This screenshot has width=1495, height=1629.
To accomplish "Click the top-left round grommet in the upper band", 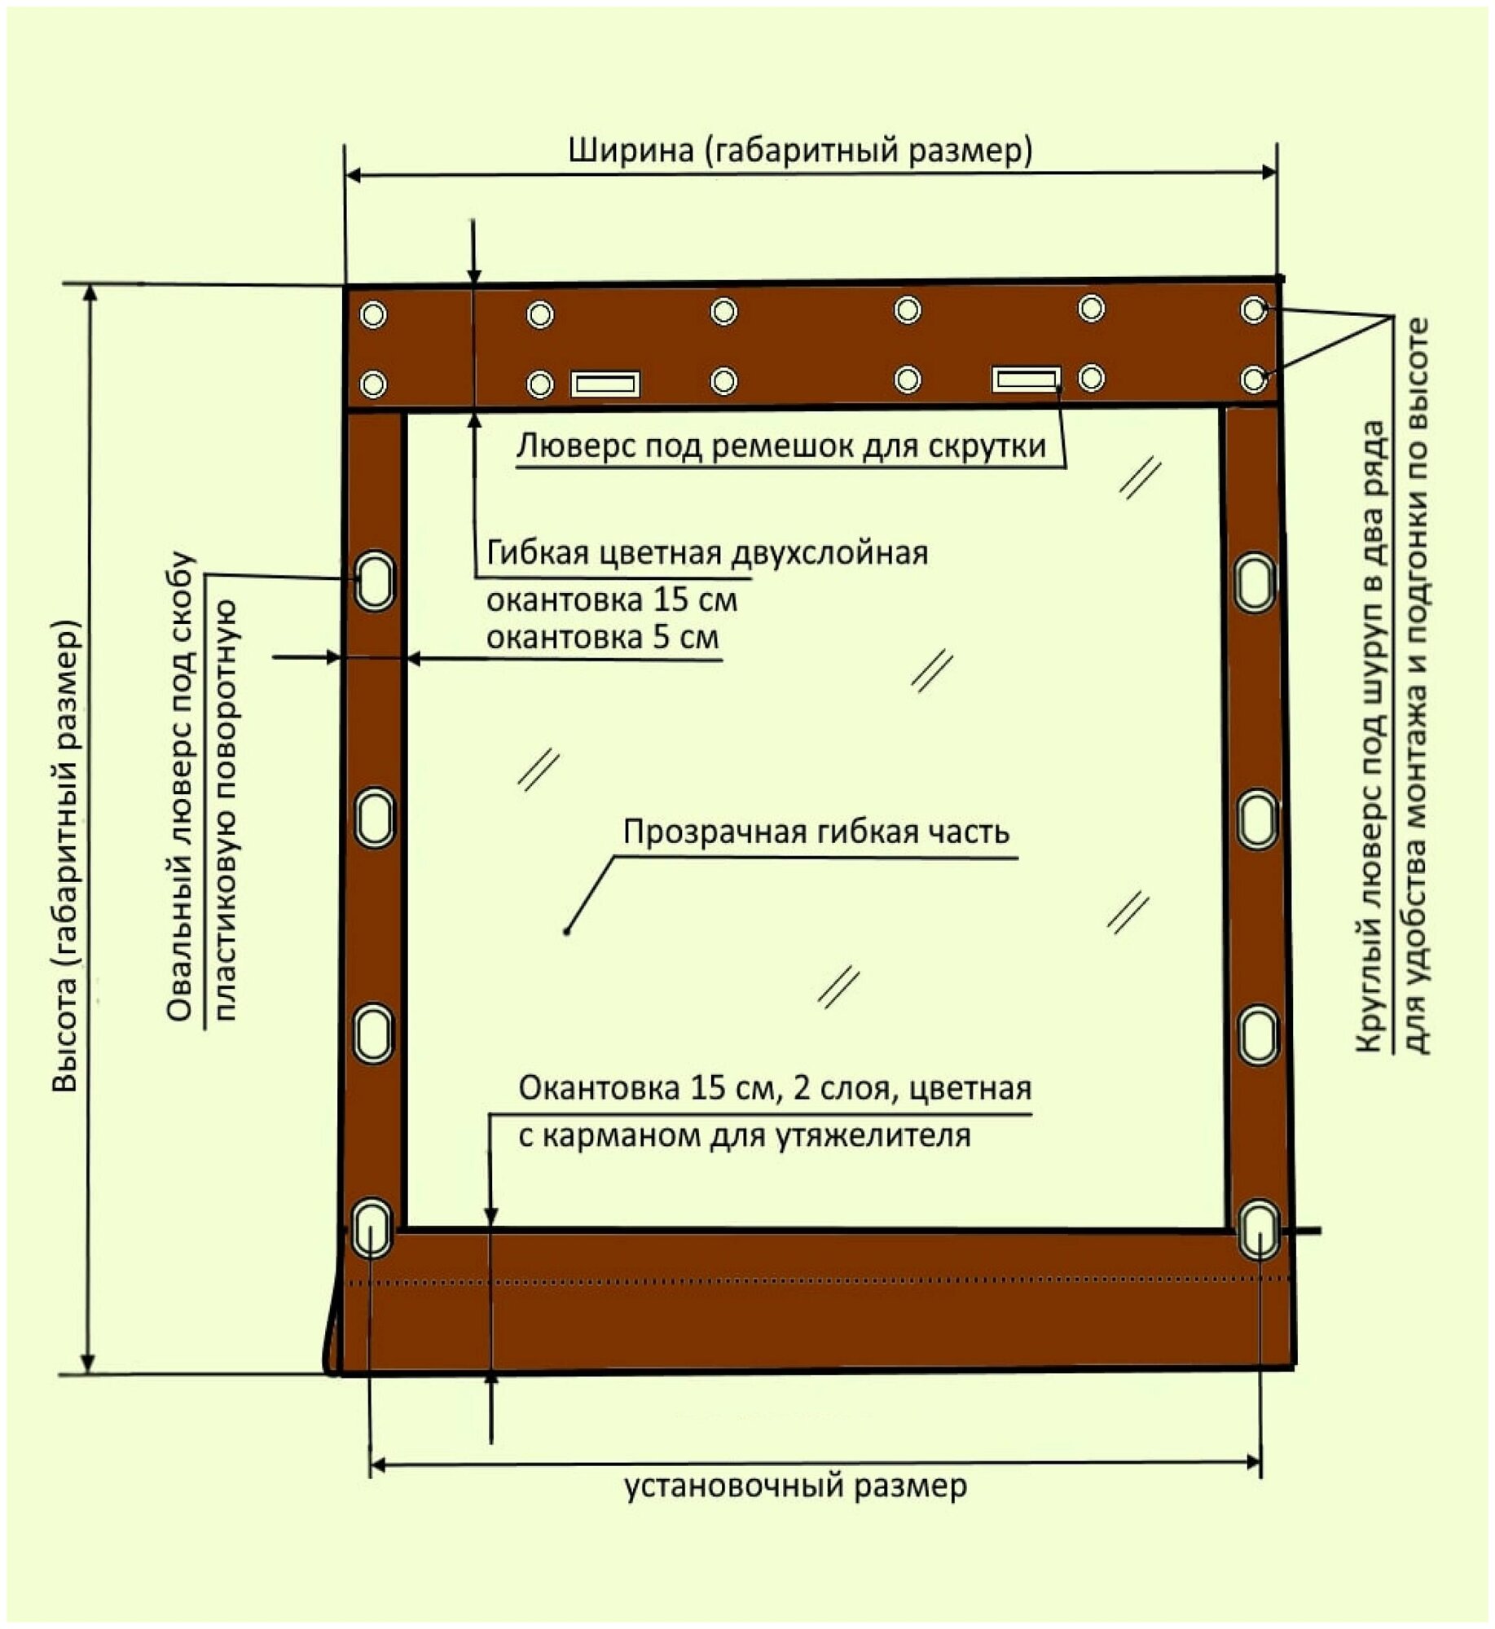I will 373,314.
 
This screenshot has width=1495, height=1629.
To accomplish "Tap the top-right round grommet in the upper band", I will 1254,310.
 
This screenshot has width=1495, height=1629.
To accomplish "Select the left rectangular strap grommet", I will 605,384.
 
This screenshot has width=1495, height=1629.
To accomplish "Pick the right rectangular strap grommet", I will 1026,379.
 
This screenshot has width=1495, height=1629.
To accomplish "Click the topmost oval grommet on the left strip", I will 375,581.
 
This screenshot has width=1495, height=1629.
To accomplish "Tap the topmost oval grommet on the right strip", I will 1255,582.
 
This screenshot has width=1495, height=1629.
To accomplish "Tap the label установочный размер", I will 796,1486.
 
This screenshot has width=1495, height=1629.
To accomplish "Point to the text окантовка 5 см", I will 602,637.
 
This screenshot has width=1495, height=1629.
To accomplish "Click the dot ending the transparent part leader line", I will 567,930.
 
